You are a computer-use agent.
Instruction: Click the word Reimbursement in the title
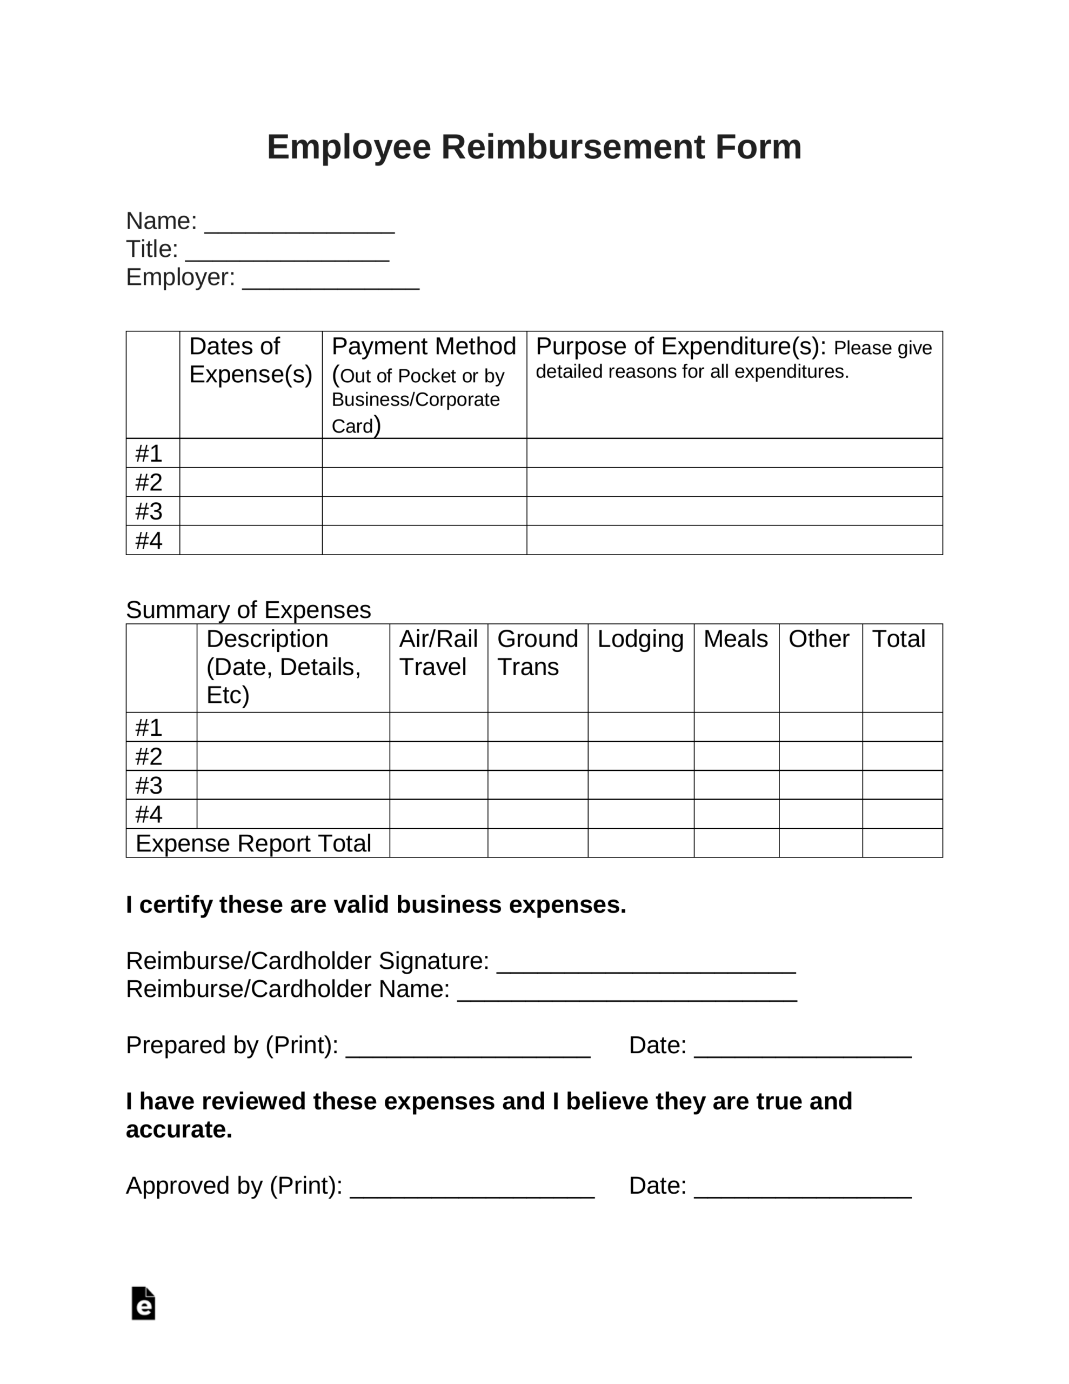[x=573, y=147]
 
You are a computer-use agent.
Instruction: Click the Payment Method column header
[x=423, y=347]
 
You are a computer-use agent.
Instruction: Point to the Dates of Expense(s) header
[x=250, y=360]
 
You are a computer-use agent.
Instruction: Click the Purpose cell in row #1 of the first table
[x=734, y=453]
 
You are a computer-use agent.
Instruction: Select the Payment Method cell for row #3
[x=424, y=511]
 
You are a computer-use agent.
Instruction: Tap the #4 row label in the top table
[x=149, y=541]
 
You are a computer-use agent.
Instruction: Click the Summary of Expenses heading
[x=249, y=610]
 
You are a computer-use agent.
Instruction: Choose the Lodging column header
[x=640, y=639]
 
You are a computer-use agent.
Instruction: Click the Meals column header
[x=735, y=639]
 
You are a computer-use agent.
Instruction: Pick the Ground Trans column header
[x=537, y=653]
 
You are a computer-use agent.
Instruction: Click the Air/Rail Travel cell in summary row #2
[x=438, y=756]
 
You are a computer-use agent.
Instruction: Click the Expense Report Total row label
[x=253, y=843]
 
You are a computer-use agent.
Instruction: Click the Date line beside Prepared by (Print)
[x=802, y=1049]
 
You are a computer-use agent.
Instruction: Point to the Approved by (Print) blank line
[x=472, y=1190]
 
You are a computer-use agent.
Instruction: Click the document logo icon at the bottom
[x=143, y=1303]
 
